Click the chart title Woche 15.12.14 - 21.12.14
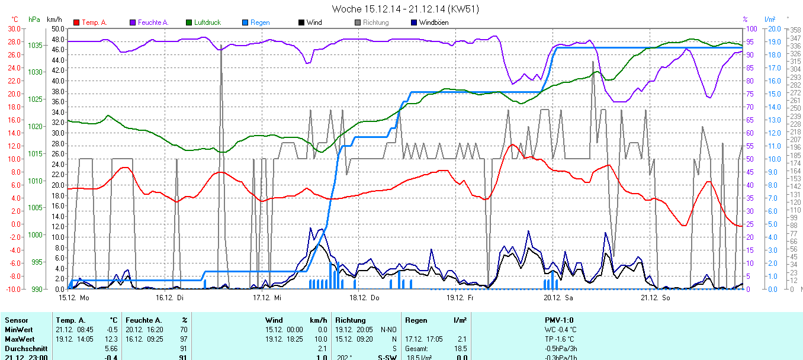pos(405,9)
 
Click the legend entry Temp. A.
pos(94,22)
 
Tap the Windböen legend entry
pos(433,22)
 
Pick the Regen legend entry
pos(260,22)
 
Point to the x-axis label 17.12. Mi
pos(266,298)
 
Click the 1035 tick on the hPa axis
pos(35,45)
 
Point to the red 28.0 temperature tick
pos(14,41)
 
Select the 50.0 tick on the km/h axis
pos(57,28)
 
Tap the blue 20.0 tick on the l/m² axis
pos(772,28)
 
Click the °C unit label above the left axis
pos(15,20)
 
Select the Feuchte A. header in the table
pos(146,320)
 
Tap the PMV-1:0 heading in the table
pos(559,320)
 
